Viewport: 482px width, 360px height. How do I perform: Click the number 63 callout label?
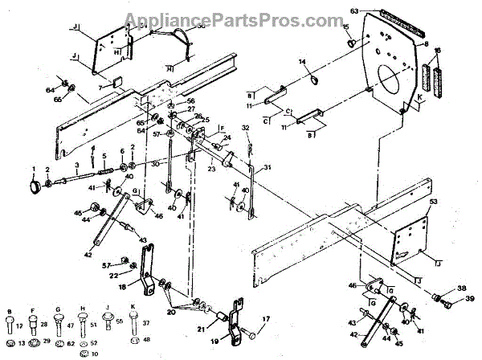[x=353, y=11]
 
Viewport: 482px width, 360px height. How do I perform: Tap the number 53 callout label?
[x=434, y=201]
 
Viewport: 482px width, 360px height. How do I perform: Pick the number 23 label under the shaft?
[x=210, y=170]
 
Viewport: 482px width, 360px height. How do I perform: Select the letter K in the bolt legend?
[x=132, y=308]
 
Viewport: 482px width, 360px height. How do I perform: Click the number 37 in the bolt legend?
[x=145, y=324]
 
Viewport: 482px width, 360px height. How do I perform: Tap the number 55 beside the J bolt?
[x=120, y=321]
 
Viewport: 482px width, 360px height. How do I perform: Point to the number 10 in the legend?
[x=95, y=354]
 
